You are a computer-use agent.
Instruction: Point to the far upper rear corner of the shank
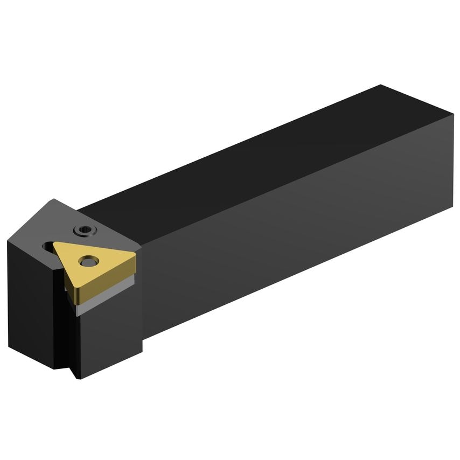(x=381, y=85)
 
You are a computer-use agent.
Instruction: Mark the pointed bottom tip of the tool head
(x=80, y=378)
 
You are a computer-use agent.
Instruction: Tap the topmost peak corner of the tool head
(x=52, y=200)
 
